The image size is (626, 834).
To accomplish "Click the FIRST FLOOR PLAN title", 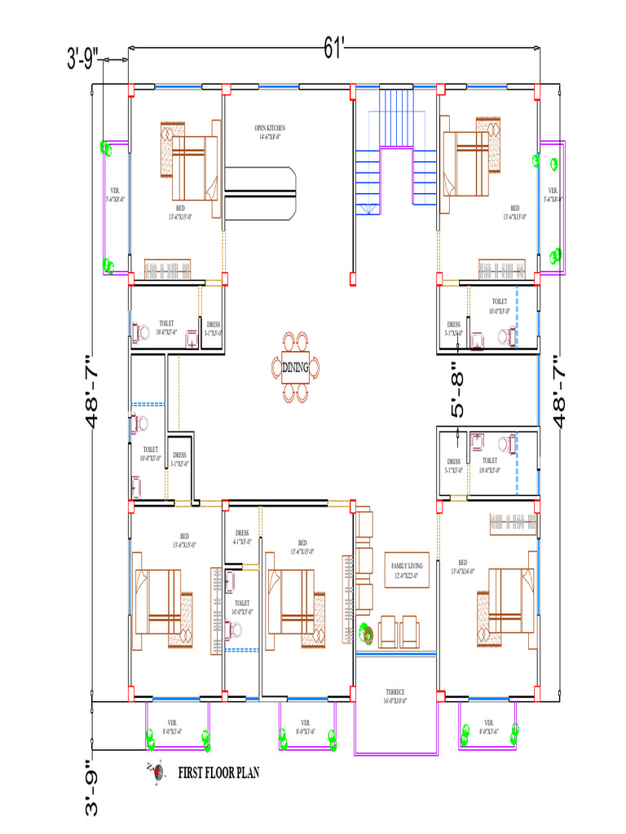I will [x=218, y=772].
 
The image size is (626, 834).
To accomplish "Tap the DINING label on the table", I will [x=295, y=368].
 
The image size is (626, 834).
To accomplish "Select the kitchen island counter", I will [x=258, y=193].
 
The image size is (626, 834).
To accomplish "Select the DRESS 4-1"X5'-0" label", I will [x=242, y=537].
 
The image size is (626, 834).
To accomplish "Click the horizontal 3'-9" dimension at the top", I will [x=83, y=59].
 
